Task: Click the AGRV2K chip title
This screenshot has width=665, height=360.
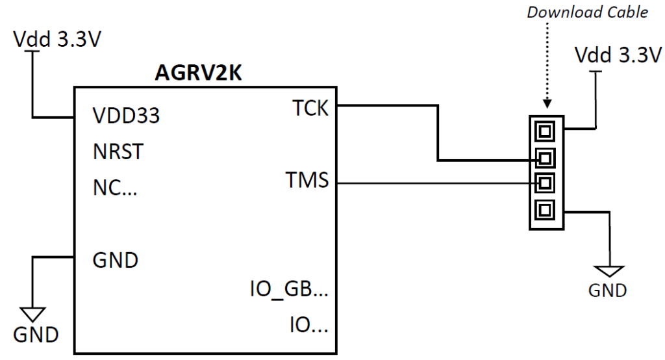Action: click(x=198, y=73)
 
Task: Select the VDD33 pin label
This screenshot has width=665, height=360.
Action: click(x=126, y=116)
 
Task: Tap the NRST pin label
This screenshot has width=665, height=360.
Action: click(x=118, y=151)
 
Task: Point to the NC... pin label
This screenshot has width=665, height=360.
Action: click(x=115, y=188)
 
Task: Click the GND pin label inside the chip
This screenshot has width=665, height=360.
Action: click(x=116, y=260)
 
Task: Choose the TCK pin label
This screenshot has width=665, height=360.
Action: click(x=310, y=109)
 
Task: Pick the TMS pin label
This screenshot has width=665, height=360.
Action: click(x=307, y=180)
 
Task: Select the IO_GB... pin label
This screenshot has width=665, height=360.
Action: click(x=289, y=289)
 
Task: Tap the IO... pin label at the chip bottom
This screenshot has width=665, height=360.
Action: click(x=308, y=325)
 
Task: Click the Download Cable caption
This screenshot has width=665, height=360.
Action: click(x=587, y=12)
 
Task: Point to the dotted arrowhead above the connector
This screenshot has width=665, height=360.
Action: click(x=547, y=103)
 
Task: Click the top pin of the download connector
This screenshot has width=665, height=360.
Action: click(x=545, y=131)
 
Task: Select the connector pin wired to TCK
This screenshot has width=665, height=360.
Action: click(x=545, y=159)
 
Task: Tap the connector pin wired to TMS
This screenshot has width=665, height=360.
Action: click(x=545, y=184)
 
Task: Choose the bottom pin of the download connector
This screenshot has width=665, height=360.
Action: click(x=545, y=210)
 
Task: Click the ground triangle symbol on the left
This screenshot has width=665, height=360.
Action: click(x=32, y=313)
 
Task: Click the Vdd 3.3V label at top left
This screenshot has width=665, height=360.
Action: click(x=57, y=40)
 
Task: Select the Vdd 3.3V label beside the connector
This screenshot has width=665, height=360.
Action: click(x=618, y=55)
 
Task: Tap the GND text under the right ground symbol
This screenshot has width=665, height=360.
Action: click(x=607, y=291)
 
